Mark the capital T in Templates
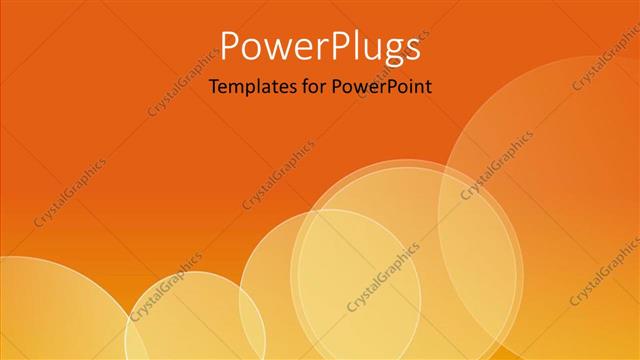213,87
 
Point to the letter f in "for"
298,87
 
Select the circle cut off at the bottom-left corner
50,310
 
